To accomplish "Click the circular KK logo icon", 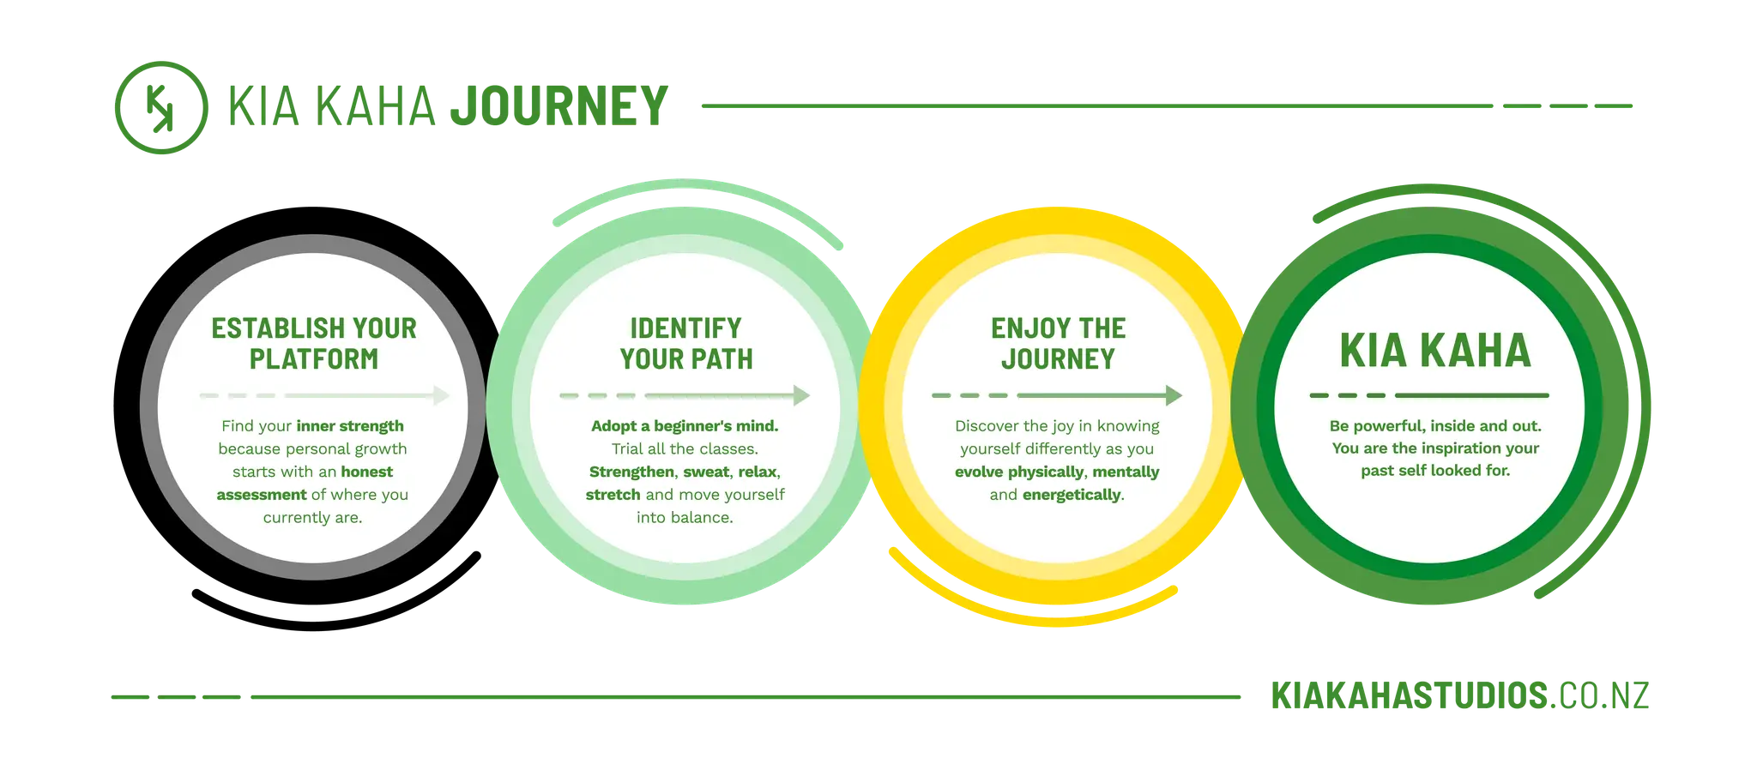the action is coord(161,107).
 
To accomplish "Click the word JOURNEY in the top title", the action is coord(559,106).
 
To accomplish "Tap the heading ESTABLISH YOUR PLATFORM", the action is coord(314,343).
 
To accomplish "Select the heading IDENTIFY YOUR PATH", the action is coord(686,343).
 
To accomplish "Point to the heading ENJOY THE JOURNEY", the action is coord(1058,343).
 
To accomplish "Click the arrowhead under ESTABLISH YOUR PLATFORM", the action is coord(442,395).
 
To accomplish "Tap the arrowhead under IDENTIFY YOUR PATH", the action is coord(802,395).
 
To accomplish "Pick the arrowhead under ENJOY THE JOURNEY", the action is coord(1174,395).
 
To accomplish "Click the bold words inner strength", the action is coord(350,426).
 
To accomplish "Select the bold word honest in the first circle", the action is coord(366,472).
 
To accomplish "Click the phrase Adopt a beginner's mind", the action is coord(685,426).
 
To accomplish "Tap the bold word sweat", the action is coord(705,472).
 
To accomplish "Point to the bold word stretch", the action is coord(613,495).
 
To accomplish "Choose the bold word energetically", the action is coord(1072,495).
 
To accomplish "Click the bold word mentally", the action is coord(1126,472).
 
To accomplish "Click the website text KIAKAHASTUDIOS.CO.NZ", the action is coord(1460,695).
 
